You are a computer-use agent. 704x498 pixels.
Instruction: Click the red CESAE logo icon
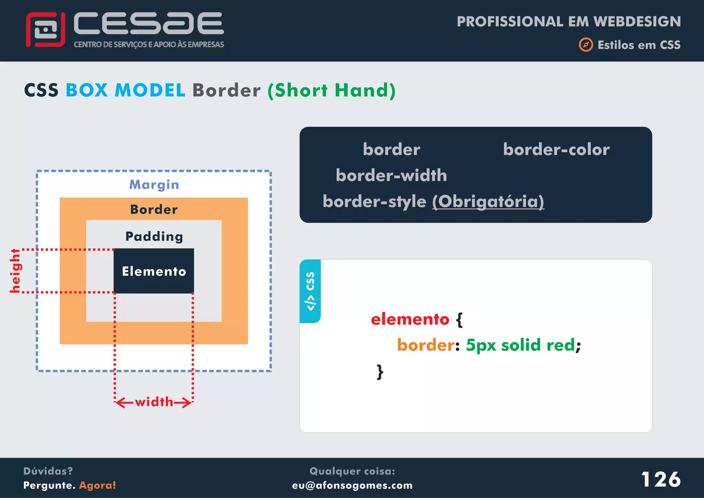point(45,30)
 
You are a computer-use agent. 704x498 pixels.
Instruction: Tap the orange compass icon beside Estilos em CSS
point(586,45)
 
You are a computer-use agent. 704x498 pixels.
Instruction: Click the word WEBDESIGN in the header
point(637,21)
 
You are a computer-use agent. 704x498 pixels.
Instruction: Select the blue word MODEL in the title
point(150,90)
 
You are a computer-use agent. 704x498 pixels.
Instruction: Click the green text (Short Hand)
point(331,90)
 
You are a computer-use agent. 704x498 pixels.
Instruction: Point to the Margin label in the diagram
point(154,185)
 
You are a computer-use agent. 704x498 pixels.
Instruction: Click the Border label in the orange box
point(154,209)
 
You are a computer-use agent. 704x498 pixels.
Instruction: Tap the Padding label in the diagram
point(154,237)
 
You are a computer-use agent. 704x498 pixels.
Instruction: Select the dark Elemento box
point(154,271)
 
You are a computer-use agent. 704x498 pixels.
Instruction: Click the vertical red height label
point(15,271)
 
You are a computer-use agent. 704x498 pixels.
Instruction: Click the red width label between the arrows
point(154,402)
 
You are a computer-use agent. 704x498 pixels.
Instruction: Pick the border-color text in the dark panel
point(556,150)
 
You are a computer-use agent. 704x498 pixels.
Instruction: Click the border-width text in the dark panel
point(391,175)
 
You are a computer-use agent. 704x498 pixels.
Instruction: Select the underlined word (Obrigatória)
point(488,202)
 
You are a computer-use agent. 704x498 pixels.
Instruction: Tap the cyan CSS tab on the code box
point(310,291)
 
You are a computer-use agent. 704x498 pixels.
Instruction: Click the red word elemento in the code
point(410,319)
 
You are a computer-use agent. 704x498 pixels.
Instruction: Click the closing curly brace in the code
point(380,372)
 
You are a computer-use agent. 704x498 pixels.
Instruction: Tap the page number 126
point(661,479)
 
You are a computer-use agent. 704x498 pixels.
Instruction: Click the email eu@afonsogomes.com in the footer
point(352,485)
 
